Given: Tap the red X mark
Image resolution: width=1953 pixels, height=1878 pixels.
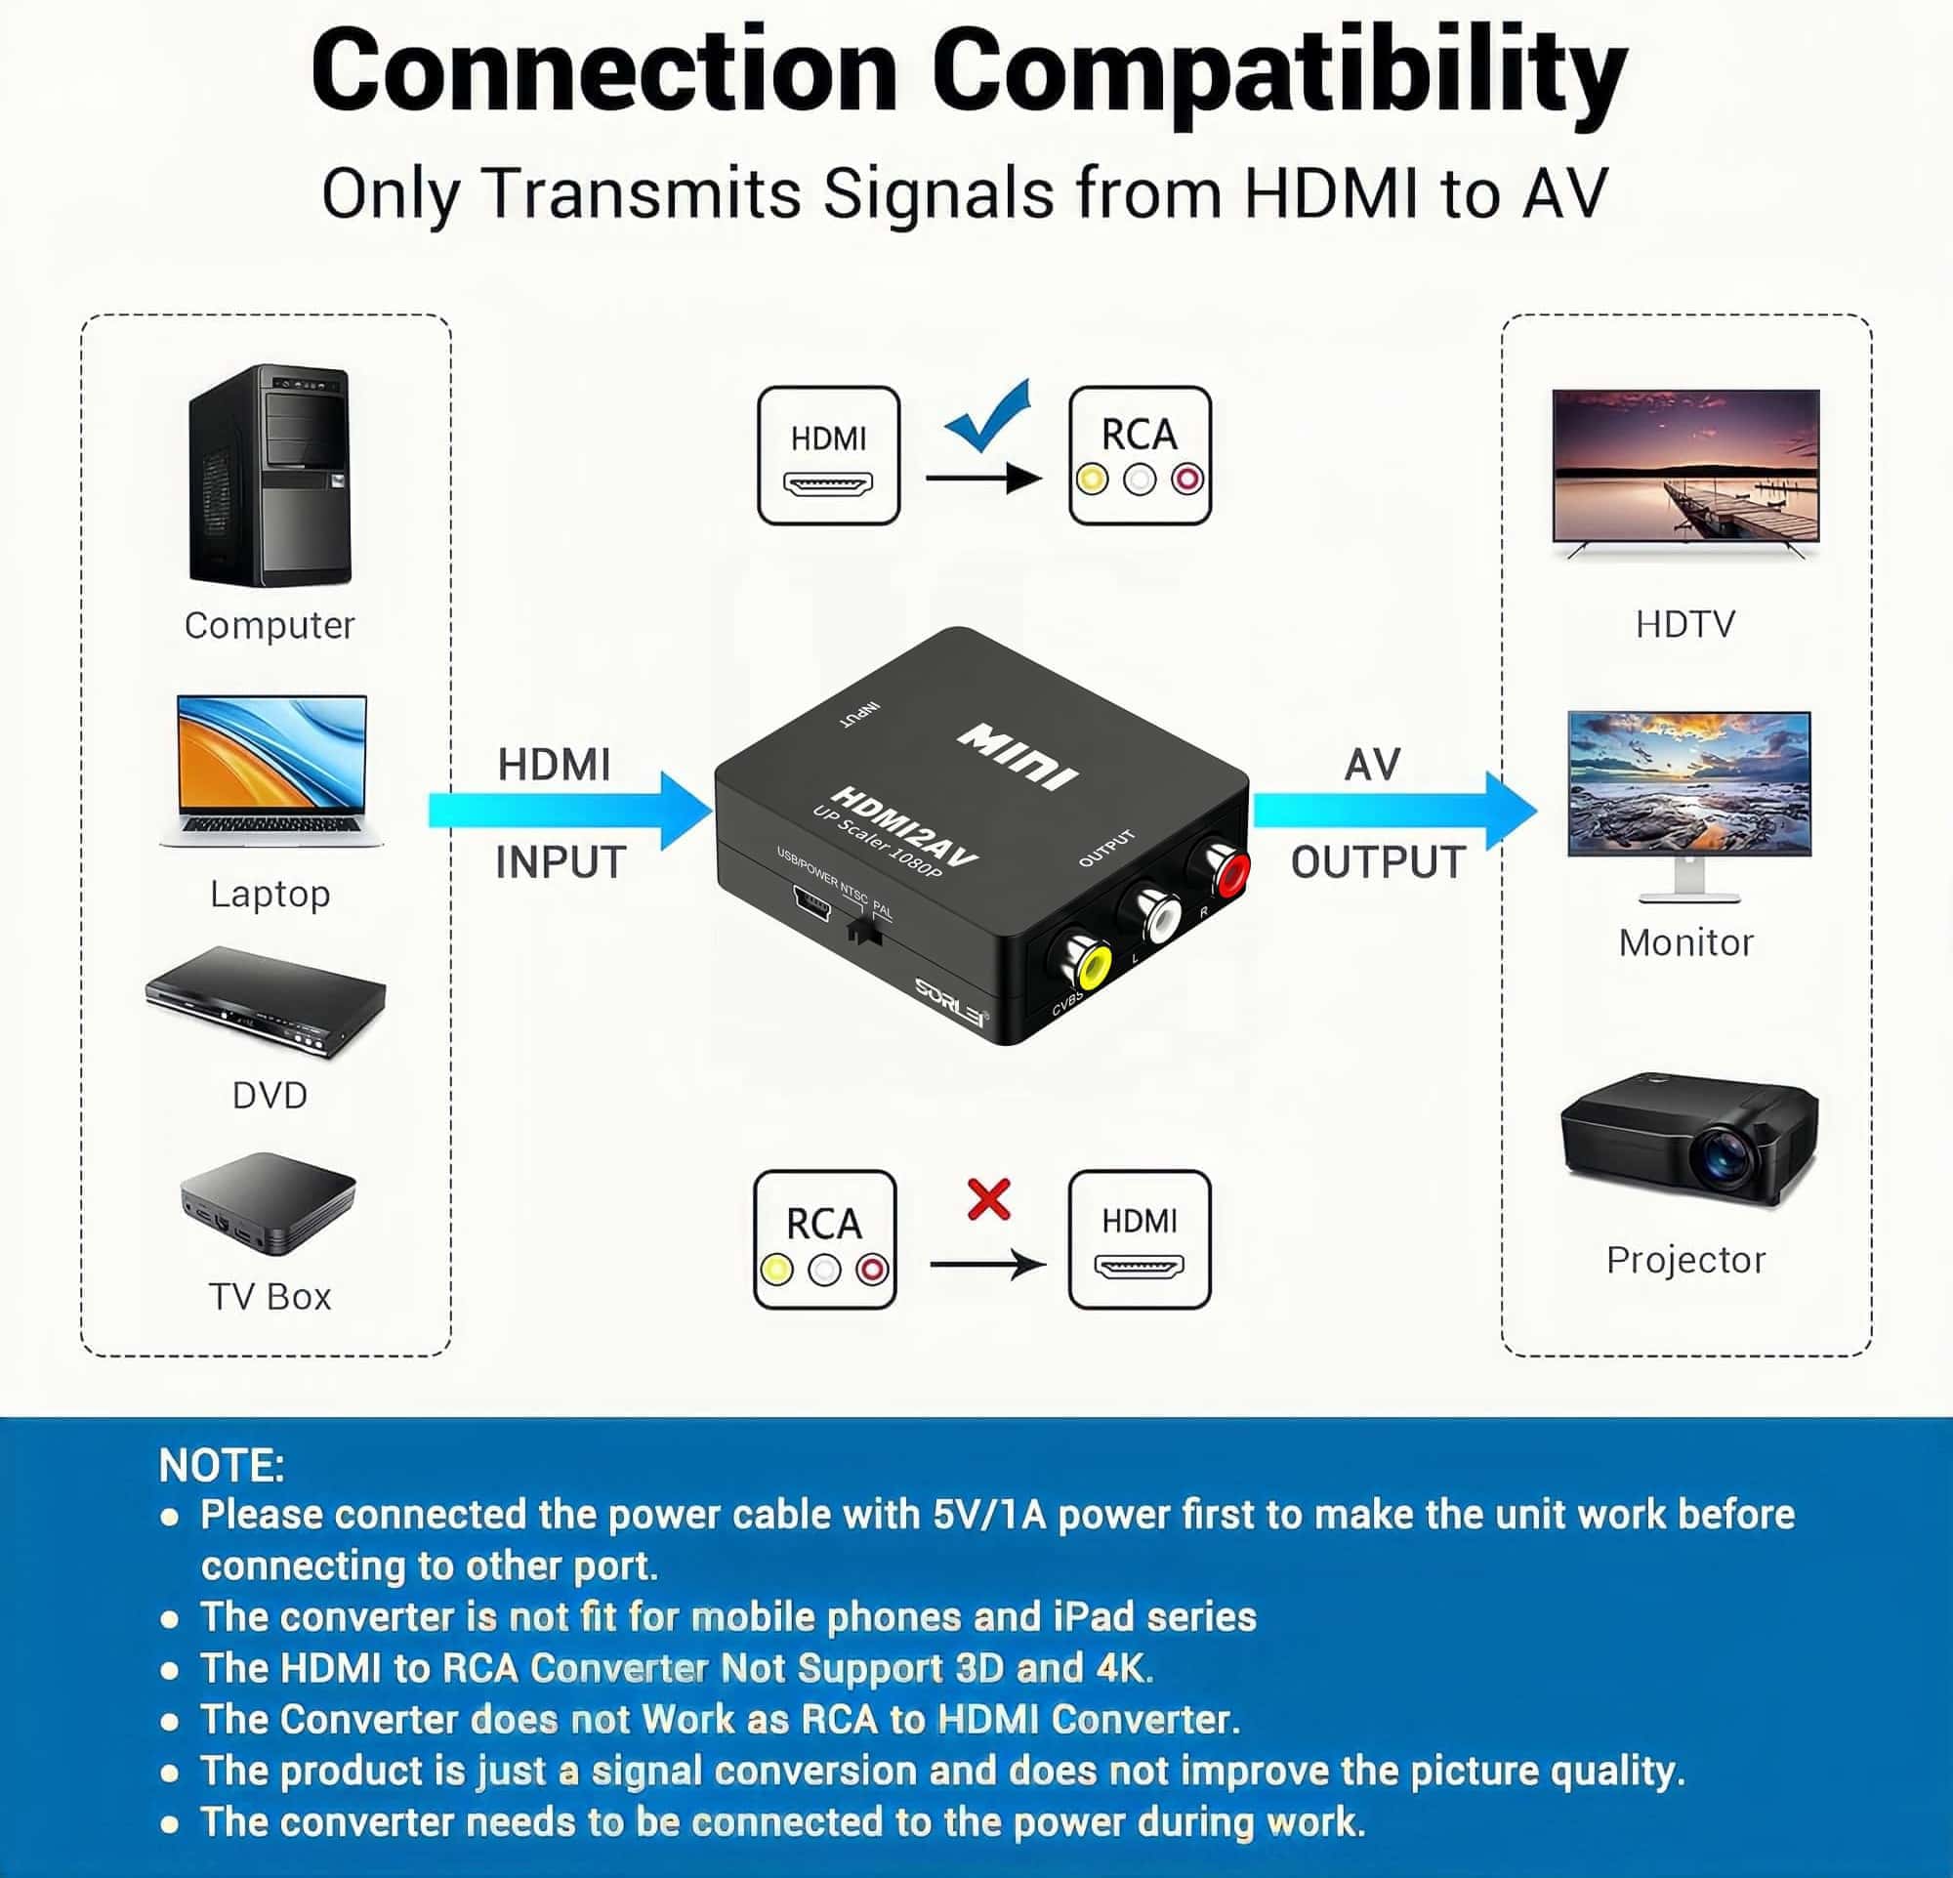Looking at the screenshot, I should (x=988, y=1199).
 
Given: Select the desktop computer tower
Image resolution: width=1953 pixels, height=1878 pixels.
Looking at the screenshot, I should (x=270, y=476).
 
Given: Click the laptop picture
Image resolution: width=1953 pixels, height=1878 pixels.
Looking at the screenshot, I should (x=271, y=771).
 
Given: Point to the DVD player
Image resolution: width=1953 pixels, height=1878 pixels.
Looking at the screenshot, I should (x=266, y=1000).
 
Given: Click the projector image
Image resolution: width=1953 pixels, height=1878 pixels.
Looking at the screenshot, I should (x=1689, y=1138).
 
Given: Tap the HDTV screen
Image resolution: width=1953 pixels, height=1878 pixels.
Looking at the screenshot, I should (x=1686, y=466).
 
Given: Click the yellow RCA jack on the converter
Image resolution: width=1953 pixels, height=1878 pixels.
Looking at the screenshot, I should (x=1092, y=966).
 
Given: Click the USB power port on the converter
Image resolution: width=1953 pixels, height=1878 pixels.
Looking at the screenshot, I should (x=811, y=903).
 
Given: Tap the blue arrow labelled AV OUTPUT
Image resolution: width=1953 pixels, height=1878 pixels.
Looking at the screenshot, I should (x=1394, y=810).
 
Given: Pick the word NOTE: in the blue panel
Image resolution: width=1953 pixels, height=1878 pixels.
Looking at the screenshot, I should (x=222, y=1467).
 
